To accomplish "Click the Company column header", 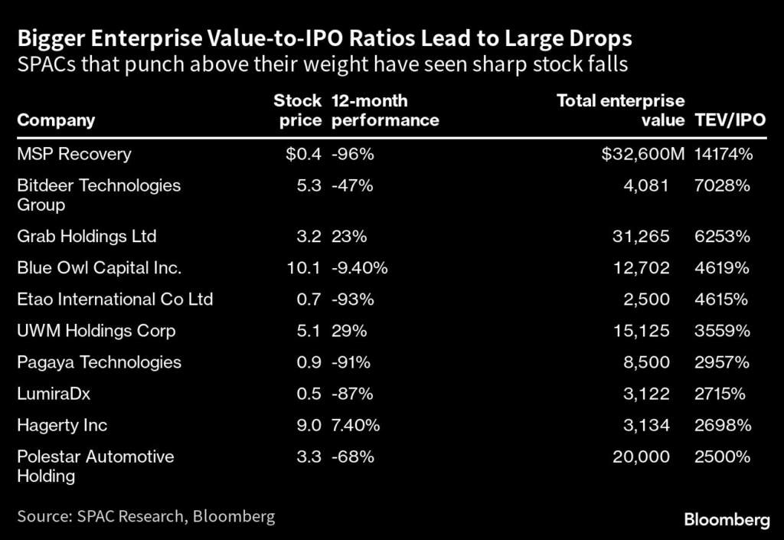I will pos(56,120).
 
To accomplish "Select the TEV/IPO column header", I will pos(730,120).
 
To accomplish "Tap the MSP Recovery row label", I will pos(74,154).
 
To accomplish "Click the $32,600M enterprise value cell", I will pos(643,154).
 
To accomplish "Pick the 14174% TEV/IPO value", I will pos(724,154).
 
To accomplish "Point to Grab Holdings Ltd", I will pos(87,236).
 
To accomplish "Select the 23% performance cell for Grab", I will pos(349,236).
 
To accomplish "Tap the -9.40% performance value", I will pos(360,268).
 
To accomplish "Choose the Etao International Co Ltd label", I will pos(115,299).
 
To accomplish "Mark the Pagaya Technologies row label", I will pos(100,362).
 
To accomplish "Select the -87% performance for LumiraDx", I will pos(352,394).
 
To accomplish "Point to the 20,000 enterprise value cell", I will pos(642,457).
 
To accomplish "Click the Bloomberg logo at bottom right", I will pos(726,520).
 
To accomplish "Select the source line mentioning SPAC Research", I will pos(145,516).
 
